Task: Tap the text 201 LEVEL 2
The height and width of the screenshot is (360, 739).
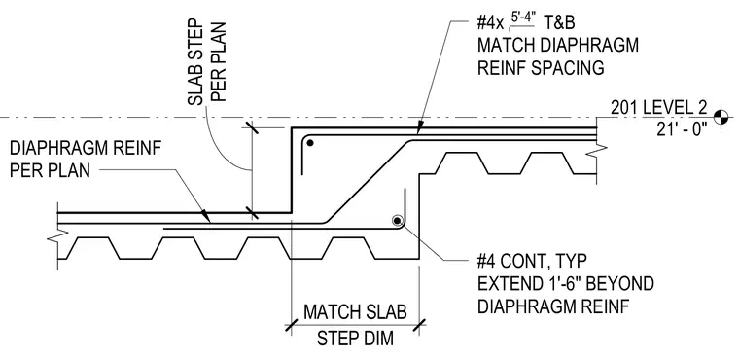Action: coord(658,108)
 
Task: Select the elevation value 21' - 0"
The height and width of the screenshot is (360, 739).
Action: coord(682,128)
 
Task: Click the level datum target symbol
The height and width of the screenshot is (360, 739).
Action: coord(721,117)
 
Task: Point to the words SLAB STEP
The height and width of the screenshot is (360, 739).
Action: coord(195,62)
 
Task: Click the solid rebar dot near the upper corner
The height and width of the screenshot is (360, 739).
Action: coord(309,142)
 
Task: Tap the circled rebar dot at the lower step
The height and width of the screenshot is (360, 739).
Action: coord(398,220)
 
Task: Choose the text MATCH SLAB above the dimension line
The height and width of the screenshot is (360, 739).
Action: coord(355,312)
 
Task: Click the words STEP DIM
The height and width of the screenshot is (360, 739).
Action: coord(355,339)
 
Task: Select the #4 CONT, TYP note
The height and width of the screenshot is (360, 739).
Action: coord(532,261)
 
